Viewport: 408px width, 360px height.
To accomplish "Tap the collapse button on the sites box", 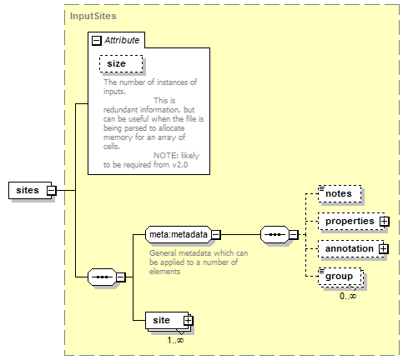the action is coord(52,191).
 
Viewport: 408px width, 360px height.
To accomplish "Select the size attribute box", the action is coord(121,64).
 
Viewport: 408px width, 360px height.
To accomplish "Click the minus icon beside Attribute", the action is coord(96,41).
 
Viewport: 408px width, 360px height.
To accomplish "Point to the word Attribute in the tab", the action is coord(122,40).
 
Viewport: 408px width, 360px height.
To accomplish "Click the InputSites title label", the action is coord(93,16).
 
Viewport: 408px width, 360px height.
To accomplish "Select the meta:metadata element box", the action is coord(179,235).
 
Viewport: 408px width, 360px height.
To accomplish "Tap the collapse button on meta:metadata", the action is coord(216,235).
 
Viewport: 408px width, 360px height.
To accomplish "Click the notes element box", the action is coord(340,193).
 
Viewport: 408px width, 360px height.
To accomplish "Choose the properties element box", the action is coord(351,221).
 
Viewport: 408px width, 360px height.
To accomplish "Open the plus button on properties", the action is coord(385,222).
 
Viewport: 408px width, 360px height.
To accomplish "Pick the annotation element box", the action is coord(351,248).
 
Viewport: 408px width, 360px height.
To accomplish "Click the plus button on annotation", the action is coord(383,248).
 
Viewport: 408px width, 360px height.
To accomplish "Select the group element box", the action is coord(340,277).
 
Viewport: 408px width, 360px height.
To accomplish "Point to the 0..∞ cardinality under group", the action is coord(348,296).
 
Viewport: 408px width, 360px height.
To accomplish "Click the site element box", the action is coord(167,320).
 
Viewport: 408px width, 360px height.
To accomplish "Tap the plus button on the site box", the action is coord(189,321).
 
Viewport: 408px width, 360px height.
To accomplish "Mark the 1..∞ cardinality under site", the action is coord(175,340).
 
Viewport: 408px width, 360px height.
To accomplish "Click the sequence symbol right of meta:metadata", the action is coord(275,235).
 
